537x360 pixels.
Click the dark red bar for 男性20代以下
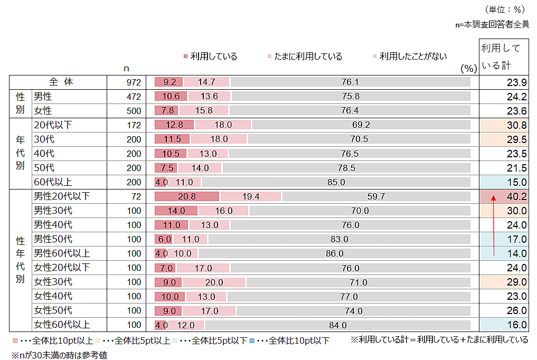(186, 196)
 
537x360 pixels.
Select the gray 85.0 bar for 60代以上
(336, 182)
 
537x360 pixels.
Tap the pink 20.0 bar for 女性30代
(214, 282)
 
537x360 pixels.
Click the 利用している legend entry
(210, 56)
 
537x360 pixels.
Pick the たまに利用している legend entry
(305, 56)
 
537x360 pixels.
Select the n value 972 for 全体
(134, 82)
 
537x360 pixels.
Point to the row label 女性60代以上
(62, 325)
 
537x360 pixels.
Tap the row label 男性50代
(53, 239)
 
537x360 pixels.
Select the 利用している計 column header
(501, 56)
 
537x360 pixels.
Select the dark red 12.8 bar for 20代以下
(174, 125)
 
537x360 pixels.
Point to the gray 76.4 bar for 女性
(350, 111)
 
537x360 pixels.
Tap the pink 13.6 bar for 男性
(209, 97)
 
